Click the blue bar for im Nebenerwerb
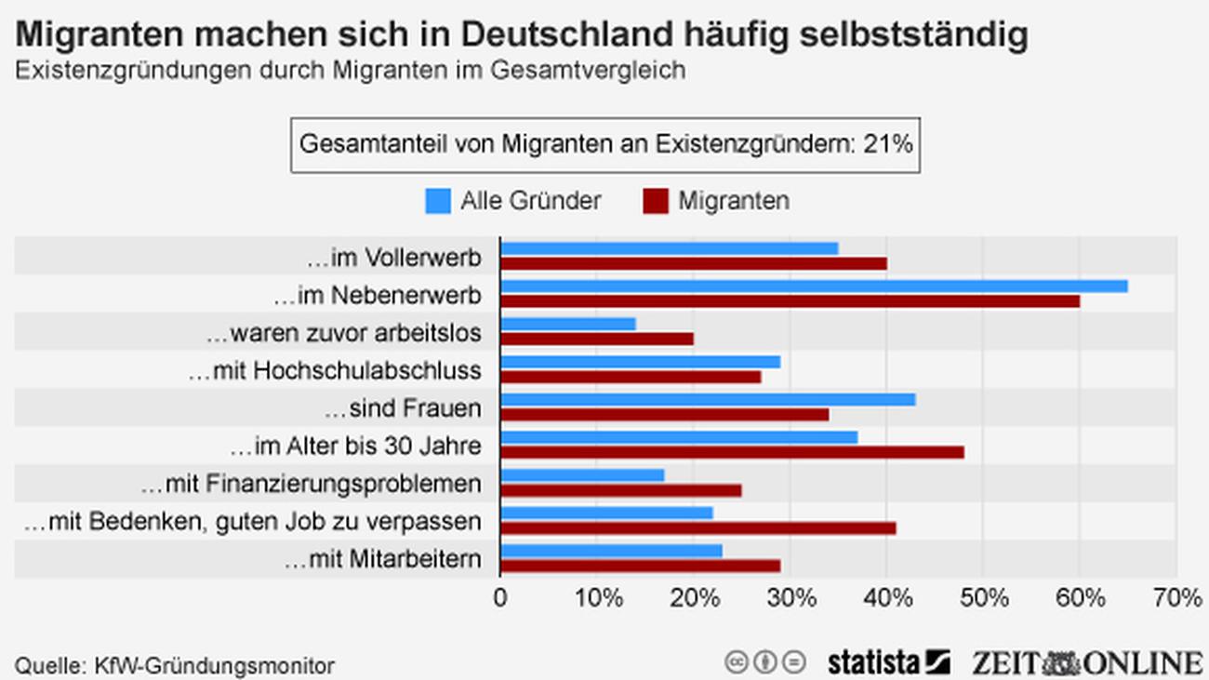click(x=814, y=286)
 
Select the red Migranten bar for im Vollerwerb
click(x=694, y=263)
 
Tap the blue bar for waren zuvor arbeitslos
click(x=568, y=324)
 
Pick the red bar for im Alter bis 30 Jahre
click(x=732, y=452)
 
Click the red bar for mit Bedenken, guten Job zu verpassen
click(x=697, y=527)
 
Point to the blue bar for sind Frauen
click(x=708, y=399)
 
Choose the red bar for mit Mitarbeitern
click(x=640, y=566)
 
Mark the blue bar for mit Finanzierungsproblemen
click(x=582, y=475)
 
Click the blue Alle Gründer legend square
click(x=438, y=201)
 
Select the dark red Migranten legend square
click(x=656, y=201)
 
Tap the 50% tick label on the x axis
click(x=982, y=599)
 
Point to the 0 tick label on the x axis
click(x=500, y=599)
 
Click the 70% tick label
click(x=1176, y=599)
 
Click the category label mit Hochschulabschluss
click(x=335, y=371)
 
